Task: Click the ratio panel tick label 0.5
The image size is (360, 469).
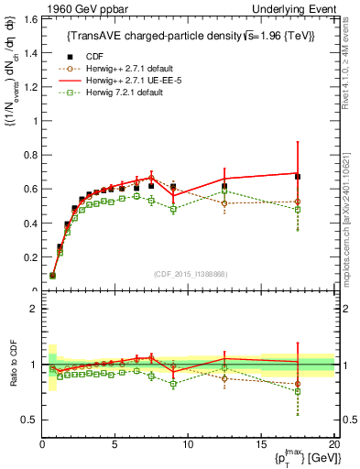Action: tap(30, 420)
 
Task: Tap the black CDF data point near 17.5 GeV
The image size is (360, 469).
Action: tap(297, 176)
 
